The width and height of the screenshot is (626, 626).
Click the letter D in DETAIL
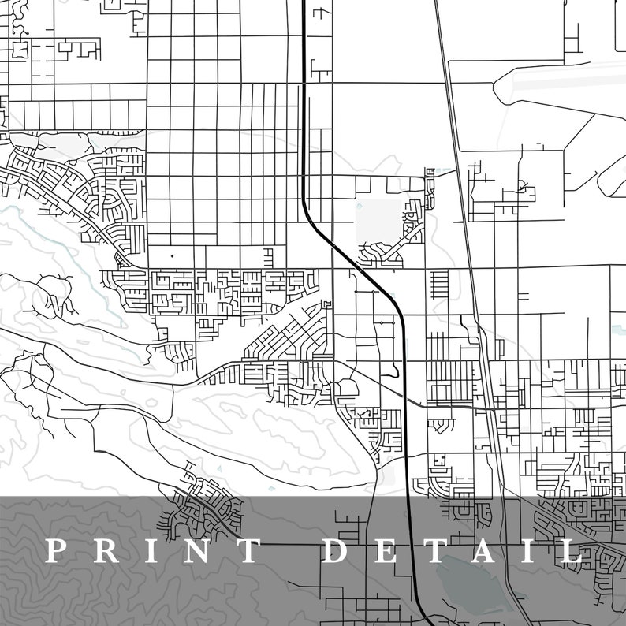(x=337, y=551)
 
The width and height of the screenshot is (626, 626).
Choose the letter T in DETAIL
(x=434, y=551)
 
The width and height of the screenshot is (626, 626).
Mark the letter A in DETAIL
(x=483, y=551)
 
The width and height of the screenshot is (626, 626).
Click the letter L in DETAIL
(x=570, y=551)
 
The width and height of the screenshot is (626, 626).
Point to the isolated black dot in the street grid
(x=172, y=256)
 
